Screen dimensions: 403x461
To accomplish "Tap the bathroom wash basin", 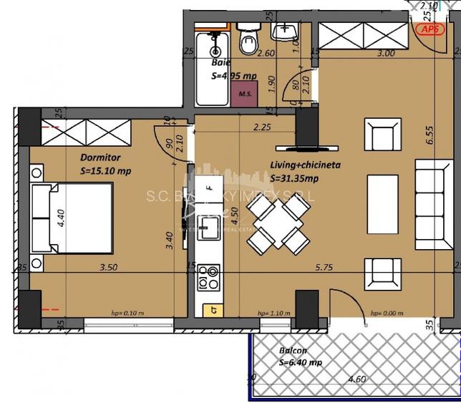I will pos(284,31).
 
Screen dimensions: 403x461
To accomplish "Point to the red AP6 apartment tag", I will pos(429,29).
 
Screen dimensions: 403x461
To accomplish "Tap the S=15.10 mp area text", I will pos(105,171).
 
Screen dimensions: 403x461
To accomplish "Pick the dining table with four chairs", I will pos(278,223).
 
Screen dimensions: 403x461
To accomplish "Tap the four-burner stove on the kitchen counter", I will pos(208,277).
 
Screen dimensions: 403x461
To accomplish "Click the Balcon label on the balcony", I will pos(293,351).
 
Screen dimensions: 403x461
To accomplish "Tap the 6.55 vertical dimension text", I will pos(430,136).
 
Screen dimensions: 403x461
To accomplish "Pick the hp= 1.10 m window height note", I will pos(270,314).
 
